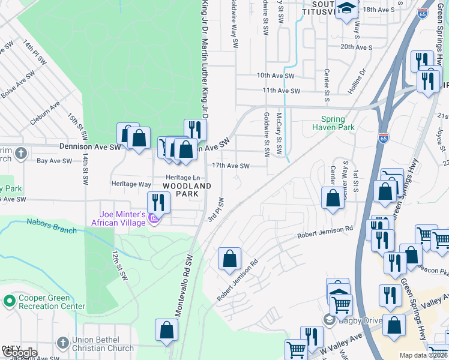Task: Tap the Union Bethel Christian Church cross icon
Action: pyautogui.click(x=63, y=343)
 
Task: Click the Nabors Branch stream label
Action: pyautogui.click(x=51, y=226)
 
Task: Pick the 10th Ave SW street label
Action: pyautogui.click(x=276, y=76)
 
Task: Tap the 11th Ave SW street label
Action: pyautogui.click(x=280, y=91)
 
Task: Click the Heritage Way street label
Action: pyautogui.click(x=131, y=184)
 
